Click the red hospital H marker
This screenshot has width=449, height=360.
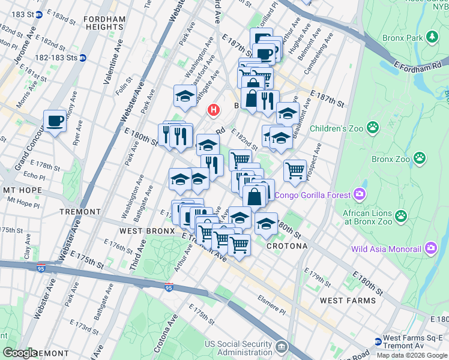click(212, 110)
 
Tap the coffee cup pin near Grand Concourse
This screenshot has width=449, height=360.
click(55, 121)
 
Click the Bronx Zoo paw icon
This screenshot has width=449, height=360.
click(419, 159)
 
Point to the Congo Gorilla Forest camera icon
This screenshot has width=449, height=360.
click(359, 194)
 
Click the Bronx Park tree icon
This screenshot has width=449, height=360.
click(432, 37)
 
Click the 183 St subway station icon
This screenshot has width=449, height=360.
click(38, 14)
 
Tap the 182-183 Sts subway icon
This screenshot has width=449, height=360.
click(83, 58)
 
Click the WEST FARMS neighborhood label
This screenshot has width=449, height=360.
click(348, 300)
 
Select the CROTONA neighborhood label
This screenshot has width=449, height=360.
click(287, 246)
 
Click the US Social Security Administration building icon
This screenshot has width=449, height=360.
click(282, 347)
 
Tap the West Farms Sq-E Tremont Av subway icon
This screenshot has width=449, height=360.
click(378, 341)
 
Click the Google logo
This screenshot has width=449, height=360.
click(20, 353)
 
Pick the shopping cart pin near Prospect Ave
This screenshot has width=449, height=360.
click(295, 170)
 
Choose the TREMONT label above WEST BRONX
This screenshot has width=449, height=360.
click(80, 212)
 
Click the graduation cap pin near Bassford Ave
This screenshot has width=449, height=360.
click(185, 95)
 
